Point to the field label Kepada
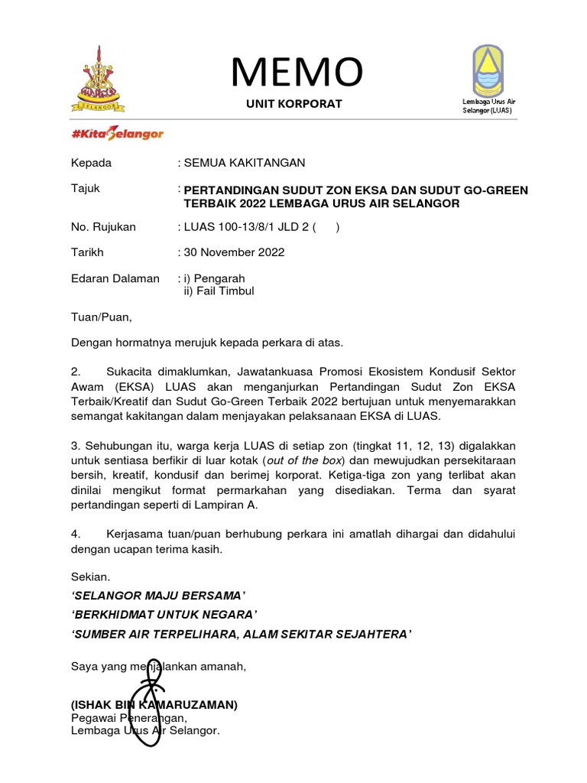pyautogui.click(x=91, y=163)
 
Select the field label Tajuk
pyautogui.click(x=85, y=188)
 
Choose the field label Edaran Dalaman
pyautogui.click(x=115, y=278)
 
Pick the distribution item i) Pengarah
pyautogui.click(x=214, y=278)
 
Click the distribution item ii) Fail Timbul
pyautogui.click(x=219, y=291)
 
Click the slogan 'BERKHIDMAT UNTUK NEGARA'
pyautogui.click(x=164, y=614)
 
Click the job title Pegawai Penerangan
pyautogui.click(x=128, y=718)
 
